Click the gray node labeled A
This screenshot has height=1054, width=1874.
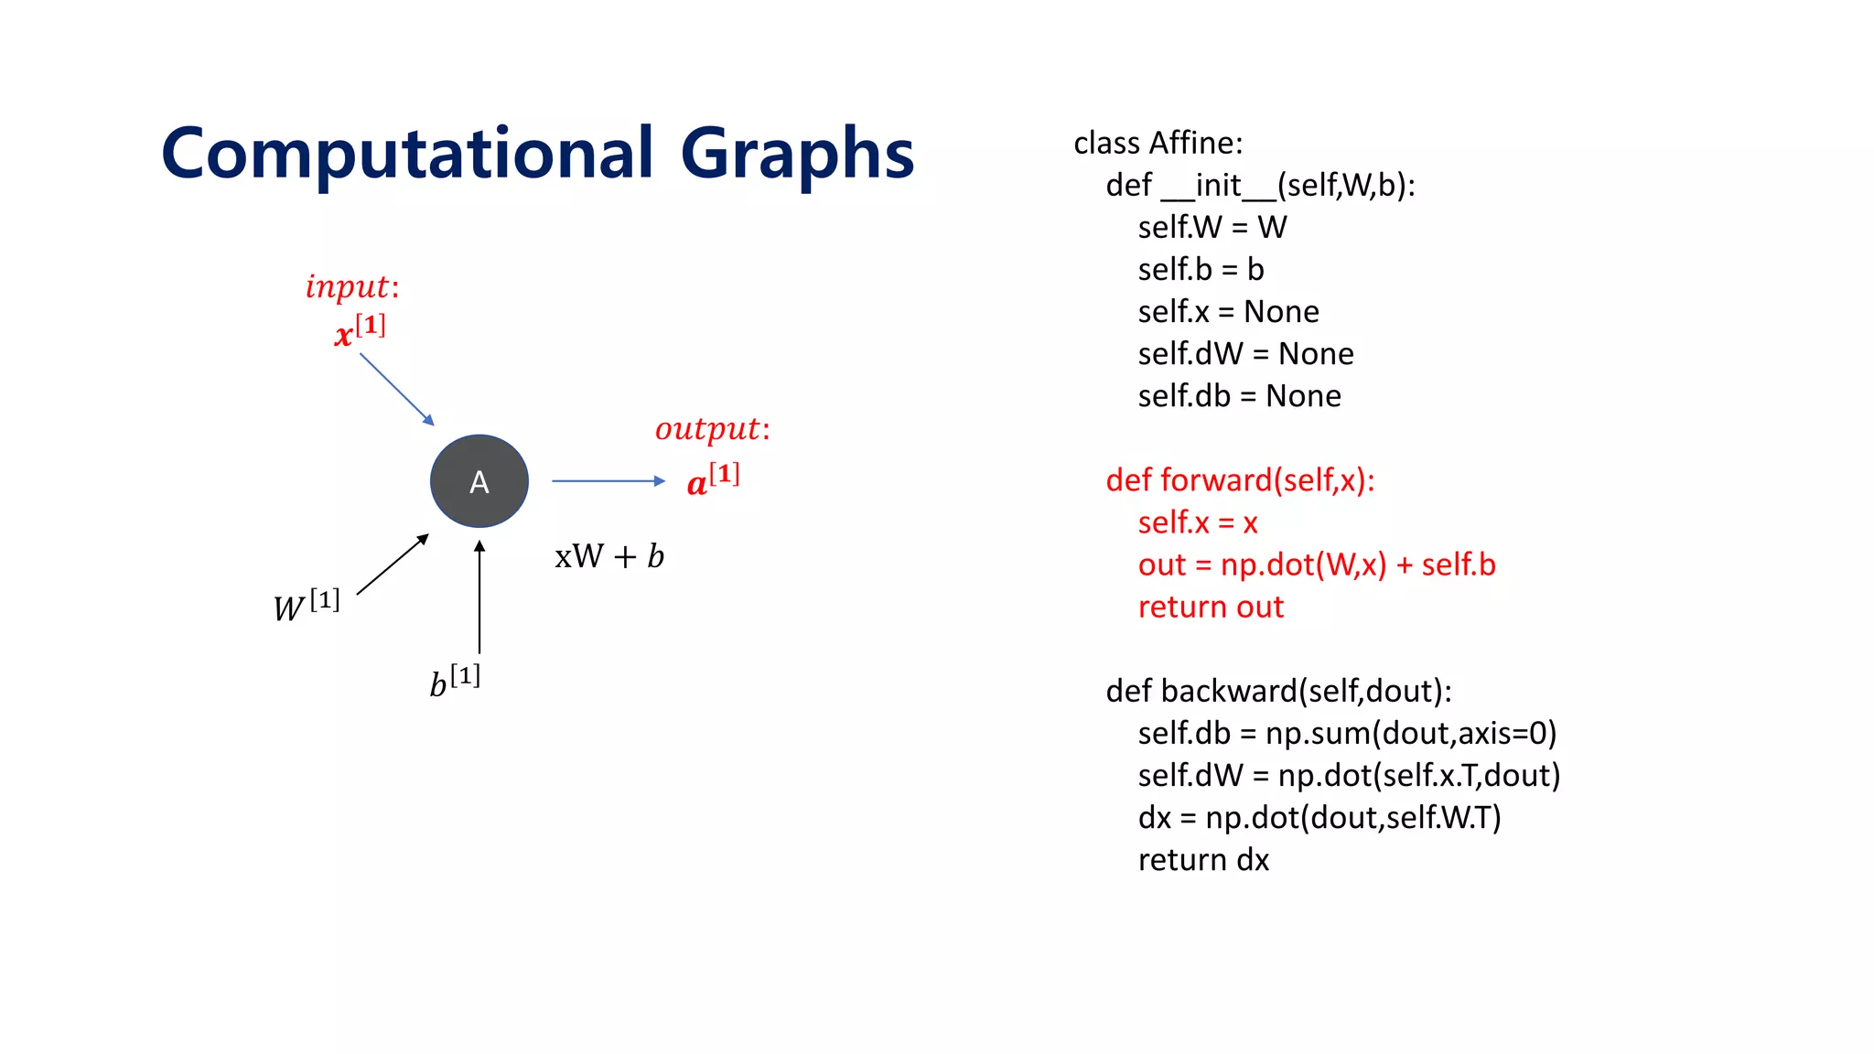479,481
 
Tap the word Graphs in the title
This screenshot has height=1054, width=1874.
797,154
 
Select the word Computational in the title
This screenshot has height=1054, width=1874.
407,154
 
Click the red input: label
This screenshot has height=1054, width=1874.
352,287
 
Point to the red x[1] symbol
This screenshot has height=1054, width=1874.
360,330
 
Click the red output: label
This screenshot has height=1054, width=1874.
713,429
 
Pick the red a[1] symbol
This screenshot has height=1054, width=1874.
713,479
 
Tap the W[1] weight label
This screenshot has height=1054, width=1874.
307,606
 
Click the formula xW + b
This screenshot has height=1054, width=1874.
609,556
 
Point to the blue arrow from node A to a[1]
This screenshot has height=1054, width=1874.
608,480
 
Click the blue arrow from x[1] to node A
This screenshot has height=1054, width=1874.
396,390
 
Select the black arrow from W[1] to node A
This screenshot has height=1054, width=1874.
393,565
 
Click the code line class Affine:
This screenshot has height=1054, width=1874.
1158,144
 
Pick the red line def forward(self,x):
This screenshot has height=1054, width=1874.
1240,480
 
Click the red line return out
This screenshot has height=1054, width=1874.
1211,608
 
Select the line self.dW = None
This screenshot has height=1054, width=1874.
1245,354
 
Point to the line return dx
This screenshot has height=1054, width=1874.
1203,860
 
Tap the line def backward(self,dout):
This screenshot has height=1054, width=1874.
1278,691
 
